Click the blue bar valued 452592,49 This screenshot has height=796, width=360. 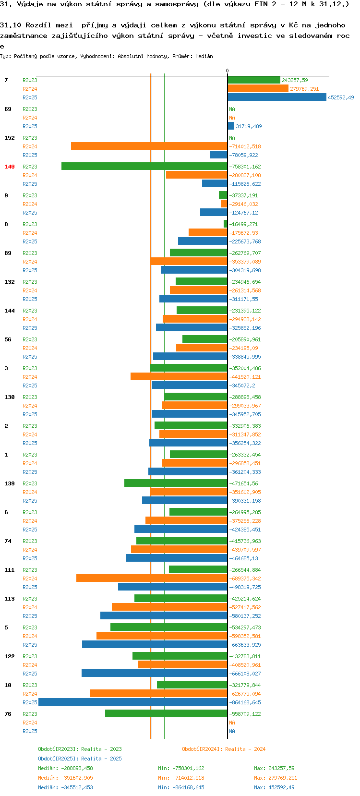tap(277, 97)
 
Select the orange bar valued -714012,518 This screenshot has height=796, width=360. tap(149, 146)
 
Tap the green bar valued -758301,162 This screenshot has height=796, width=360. tap(144, 166)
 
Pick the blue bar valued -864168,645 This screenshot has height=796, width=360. tap(133, 702)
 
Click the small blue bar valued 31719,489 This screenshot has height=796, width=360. tap(231, 126)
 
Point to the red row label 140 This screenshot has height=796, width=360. tap(10, 167)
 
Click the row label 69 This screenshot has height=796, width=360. tap(8, 109)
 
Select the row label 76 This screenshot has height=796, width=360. tap(8, 713)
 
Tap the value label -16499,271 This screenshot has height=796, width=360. tap(243, 224)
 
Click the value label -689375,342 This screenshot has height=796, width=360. tap(245, 579)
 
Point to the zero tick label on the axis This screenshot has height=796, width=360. tap(228, 71)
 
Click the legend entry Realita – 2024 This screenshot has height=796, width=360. tap(224, 749)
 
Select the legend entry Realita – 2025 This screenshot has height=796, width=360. tap(80, 759)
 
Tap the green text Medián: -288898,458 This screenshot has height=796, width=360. tap(65, 768)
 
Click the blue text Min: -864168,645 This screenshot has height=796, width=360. tap(181, 787)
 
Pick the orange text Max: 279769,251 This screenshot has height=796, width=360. tap(276, 778)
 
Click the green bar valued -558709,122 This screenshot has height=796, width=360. tap(166, 713)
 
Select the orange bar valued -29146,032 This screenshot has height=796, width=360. tap(224, 204)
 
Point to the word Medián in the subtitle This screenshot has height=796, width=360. tap(204, 56)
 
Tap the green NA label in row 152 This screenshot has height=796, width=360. tap(232, 138)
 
